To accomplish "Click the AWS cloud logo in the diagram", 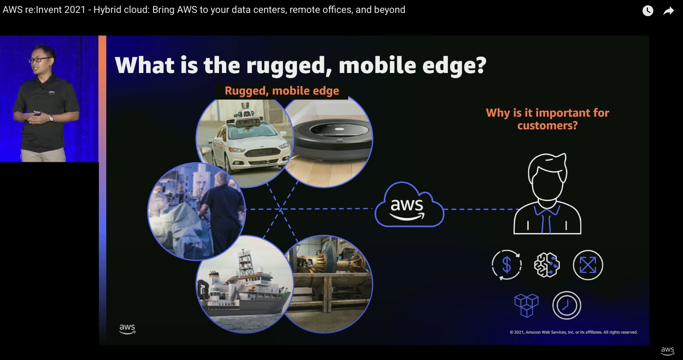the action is (x=409, y=205).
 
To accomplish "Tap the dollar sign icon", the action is (x=507, y=265).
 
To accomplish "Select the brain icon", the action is (x=547, y=265).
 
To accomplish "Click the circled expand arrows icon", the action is (x=588, y=265).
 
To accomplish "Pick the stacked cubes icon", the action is (x=526, y=305).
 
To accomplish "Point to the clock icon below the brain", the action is (x=567, y=305).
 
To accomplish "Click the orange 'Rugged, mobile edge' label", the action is (x=282, y=91).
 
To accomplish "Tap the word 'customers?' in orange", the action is (x=547, y=126).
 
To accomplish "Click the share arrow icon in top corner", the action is (x=668, y=11).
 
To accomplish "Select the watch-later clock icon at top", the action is (x=648, y=11).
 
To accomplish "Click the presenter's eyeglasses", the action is (x=39, y=60).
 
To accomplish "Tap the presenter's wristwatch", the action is (x=52, y=118).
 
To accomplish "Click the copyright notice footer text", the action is (x=573, y=332).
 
